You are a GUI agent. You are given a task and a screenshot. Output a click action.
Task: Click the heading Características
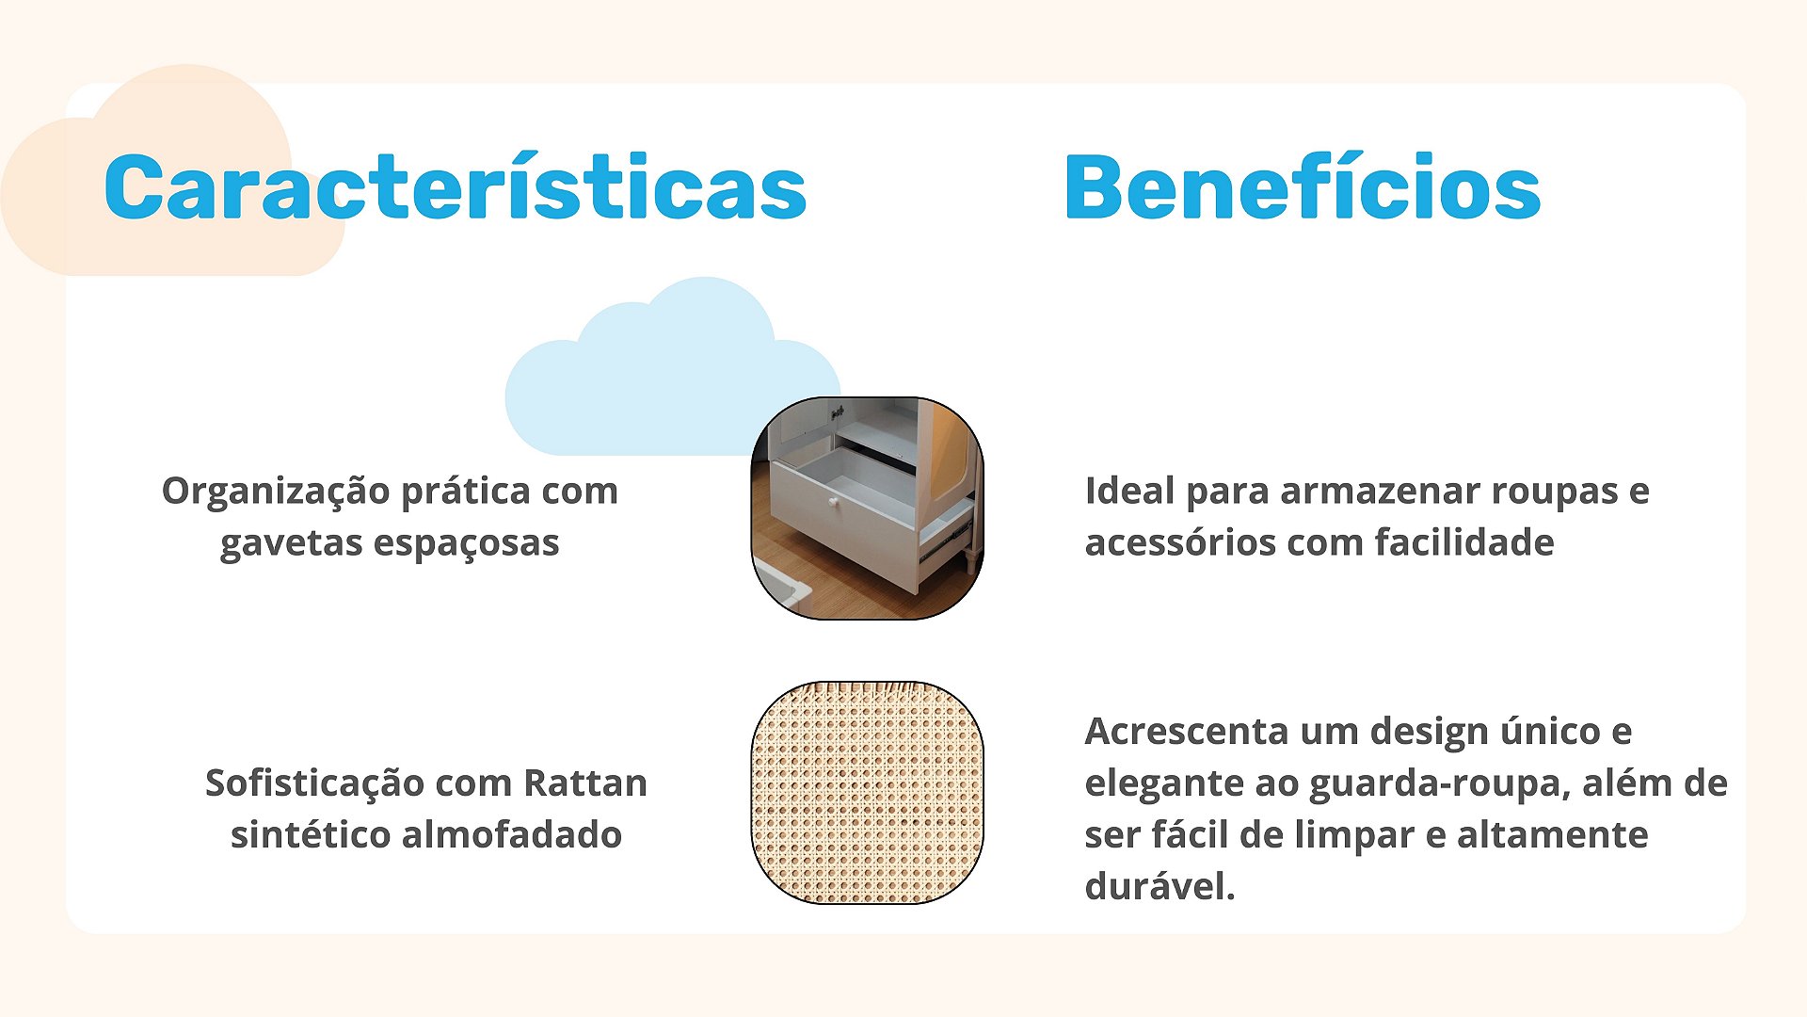(456, 186)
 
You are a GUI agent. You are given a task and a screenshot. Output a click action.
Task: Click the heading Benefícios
(1303, 186)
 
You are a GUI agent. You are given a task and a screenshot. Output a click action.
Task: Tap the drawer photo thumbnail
(867, 508)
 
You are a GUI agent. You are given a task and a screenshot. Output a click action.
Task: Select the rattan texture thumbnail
(867, 793)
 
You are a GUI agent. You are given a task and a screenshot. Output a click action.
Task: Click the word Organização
(276, 492)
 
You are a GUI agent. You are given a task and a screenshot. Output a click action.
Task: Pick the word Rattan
(585, 783)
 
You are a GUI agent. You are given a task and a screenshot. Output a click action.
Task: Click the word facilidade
(1464, 542)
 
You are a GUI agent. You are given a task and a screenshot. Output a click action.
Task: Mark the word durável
(1159, 886)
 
